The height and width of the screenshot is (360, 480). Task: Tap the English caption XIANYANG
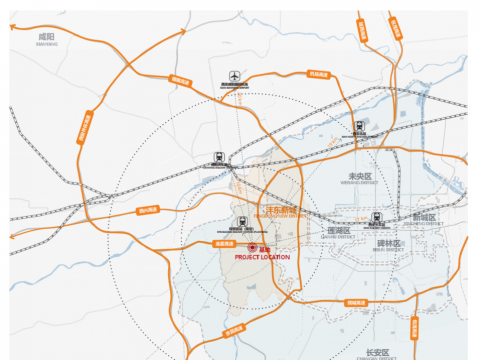click(44, 43)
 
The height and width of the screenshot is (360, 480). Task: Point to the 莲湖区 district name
click(337, 230)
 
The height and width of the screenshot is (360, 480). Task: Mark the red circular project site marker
click(252, 247)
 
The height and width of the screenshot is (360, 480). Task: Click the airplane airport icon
click(234, 76)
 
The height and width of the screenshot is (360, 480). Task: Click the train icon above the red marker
click(241, 221)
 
